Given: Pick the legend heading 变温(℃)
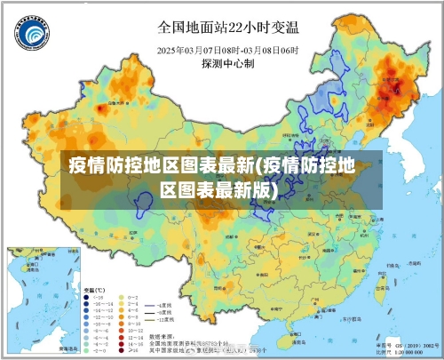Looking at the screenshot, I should [94, 291].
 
